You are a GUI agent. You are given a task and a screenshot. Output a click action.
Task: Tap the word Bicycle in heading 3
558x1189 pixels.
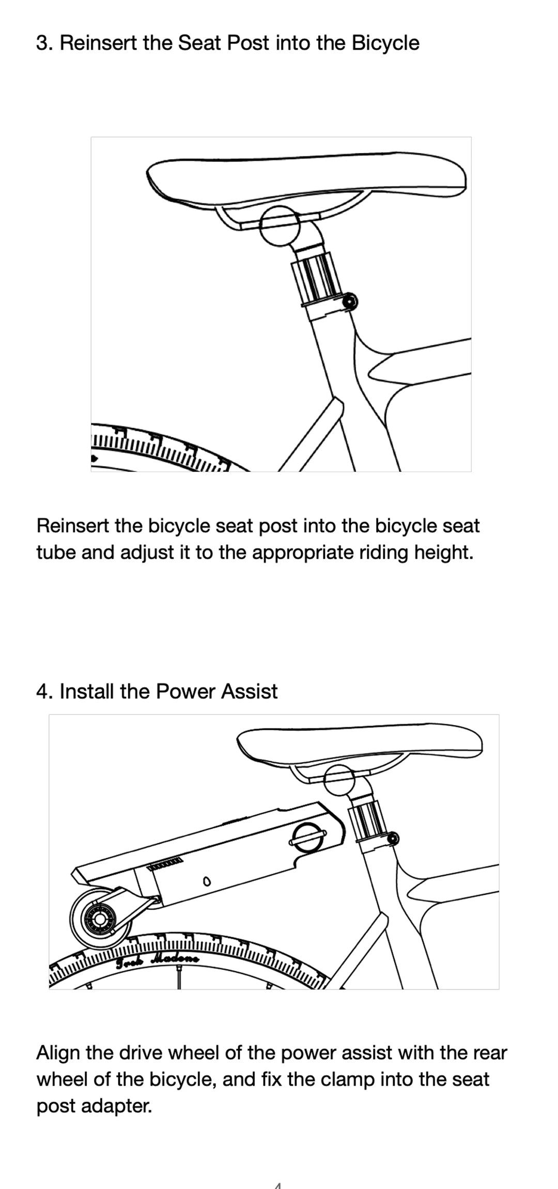click(385, 43)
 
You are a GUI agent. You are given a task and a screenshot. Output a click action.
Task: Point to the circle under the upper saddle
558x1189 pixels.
click(280, 226)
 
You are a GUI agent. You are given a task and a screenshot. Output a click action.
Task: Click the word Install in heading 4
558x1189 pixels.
click(87, 691)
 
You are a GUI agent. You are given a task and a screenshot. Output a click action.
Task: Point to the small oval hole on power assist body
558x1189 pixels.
click(207, 881)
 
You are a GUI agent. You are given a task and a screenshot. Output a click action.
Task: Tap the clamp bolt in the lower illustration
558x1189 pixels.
click(393, 838)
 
